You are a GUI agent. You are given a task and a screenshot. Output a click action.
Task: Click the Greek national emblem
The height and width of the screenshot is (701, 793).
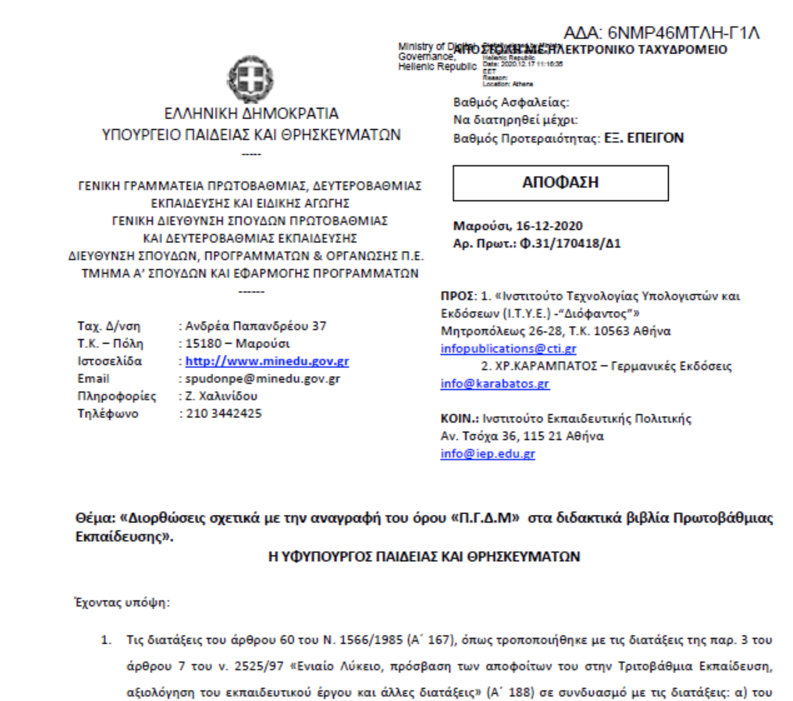(251, 79)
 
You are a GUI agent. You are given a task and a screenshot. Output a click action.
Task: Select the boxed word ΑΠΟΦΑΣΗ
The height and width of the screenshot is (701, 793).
(560, 182)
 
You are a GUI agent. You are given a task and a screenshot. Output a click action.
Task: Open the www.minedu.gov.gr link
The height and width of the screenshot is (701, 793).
(267, 361)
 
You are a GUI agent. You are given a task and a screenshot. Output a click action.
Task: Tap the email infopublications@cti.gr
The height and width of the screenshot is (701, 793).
(508, 348)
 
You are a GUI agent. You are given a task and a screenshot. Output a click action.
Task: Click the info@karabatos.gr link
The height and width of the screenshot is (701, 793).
(494, 383)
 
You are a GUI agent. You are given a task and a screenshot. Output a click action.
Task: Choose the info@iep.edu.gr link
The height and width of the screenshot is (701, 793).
(487, 454)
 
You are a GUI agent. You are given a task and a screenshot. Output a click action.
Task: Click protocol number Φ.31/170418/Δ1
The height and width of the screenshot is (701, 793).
(570, 244)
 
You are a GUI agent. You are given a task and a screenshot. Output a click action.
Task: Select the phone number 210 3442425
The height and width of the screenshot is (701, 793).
(223, 413)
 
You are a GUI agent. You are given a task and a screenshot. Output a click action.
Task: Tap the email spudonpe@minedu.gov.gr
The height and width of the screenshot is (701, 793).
(262, 379)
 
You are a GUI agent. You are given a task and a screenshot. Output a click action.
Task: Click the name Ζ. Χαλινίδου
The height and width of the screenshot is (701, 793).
(221, 396)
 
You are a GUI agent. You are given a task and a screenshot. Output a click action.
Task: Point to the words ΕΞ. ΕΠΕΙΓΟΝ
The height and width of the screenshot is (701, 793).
(644, 138)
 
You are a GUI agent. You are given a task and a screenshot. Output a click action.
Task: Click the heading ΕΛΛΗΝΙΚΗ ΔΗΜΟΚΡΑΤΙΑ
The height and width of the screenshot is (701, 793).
(251, 113)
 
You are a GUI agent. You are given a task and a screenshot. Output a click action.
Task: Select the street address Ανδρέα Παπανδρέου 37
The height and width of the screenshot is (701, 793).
(256, 326)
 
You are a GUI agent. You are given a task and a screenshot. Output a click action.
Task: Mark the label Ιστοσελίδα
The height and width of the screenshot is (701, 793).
(109, 361)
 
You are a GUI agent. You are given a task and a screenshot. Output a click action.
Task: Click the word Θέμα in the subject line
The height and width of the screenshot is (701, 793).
(94, 518)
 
